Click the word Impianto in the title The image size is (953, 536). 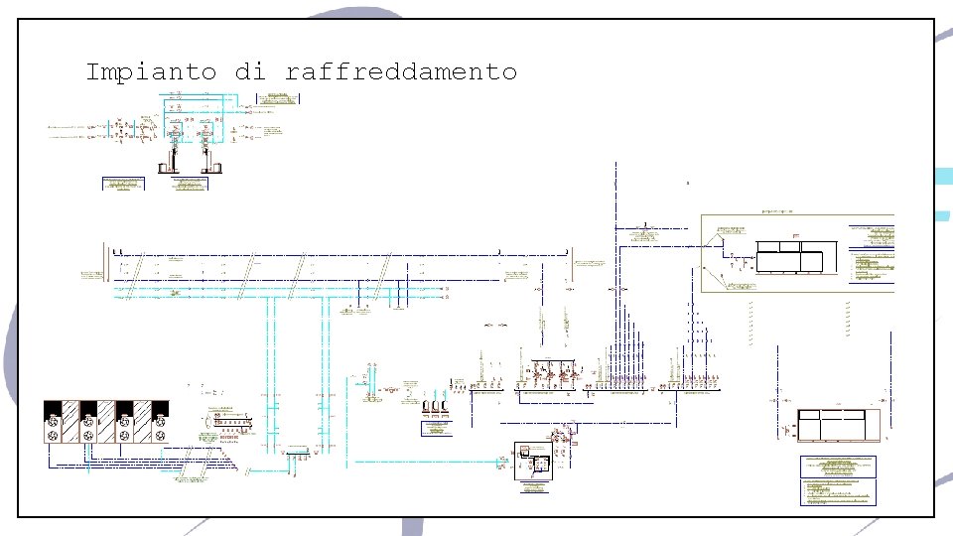point(152,72)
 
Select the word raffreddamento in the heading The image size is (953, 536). point(401,72)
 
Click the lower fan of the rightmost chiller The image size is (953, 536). point(160,436)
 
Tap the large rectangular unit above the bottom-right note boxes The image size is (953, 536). point(838,425)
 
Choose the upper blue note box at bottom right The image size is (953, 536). point(839,466)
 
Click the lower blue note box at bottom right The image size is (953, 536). point(839,492)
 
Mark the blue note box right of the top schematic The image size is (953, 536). point(278,97)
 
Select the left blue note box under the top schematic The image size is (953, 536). point(123,183)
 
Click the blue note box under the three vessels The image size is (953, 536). point(437,429)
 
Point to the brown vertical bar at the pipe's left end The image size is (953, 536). point(105,268)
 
